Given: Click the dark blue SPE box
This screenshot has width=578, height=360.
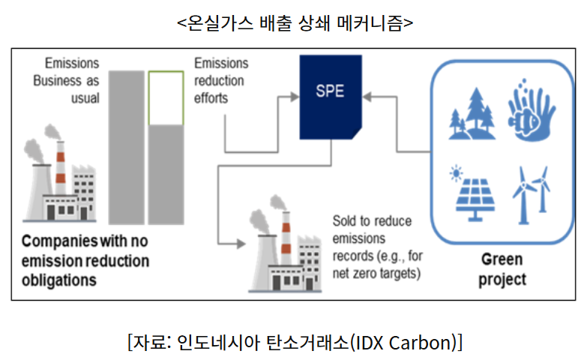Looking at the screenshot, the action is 331,97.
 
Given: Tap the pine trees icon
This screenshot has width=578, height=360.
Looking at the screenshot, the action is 472,113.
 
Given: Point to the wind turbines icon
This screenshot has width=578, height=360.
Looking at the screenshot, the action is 532,195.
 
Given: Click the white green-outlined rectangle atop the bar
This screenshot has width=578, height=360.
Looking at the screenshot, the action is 166,98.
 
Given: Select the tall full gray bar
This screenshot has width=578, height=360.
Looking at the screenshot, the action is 127,148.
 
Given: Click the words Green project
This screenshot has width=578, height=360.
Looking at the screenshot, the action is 502,269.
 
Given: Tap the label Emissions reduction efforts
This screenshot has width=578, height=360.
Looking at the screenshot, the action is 221,80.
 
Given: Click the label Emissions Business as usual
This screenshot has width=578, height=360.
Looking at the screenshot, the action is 67,80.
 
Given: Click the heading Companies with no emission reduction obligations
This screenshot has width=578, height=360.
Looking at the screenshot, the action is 85,260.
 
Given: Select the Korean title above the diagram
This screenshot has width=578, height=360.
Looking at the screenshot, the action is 295,22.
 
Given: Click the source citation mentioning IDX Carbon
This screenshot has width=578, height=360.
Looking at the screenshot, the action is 295,342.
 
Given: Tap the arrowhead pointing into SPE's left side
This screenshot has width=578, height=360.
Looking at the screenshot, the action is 295,97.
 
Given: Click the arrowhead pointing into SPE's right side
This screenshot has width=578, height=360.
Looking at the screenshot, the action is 367,97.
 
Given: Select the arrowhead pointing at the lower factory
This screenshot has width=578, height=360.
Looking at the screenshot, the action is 241,244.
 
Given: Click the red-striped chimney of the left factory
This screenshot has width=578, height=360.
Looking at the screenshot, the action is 61,168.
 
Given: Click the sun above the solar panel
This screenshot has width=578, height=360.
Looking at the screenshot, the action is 456,173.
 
